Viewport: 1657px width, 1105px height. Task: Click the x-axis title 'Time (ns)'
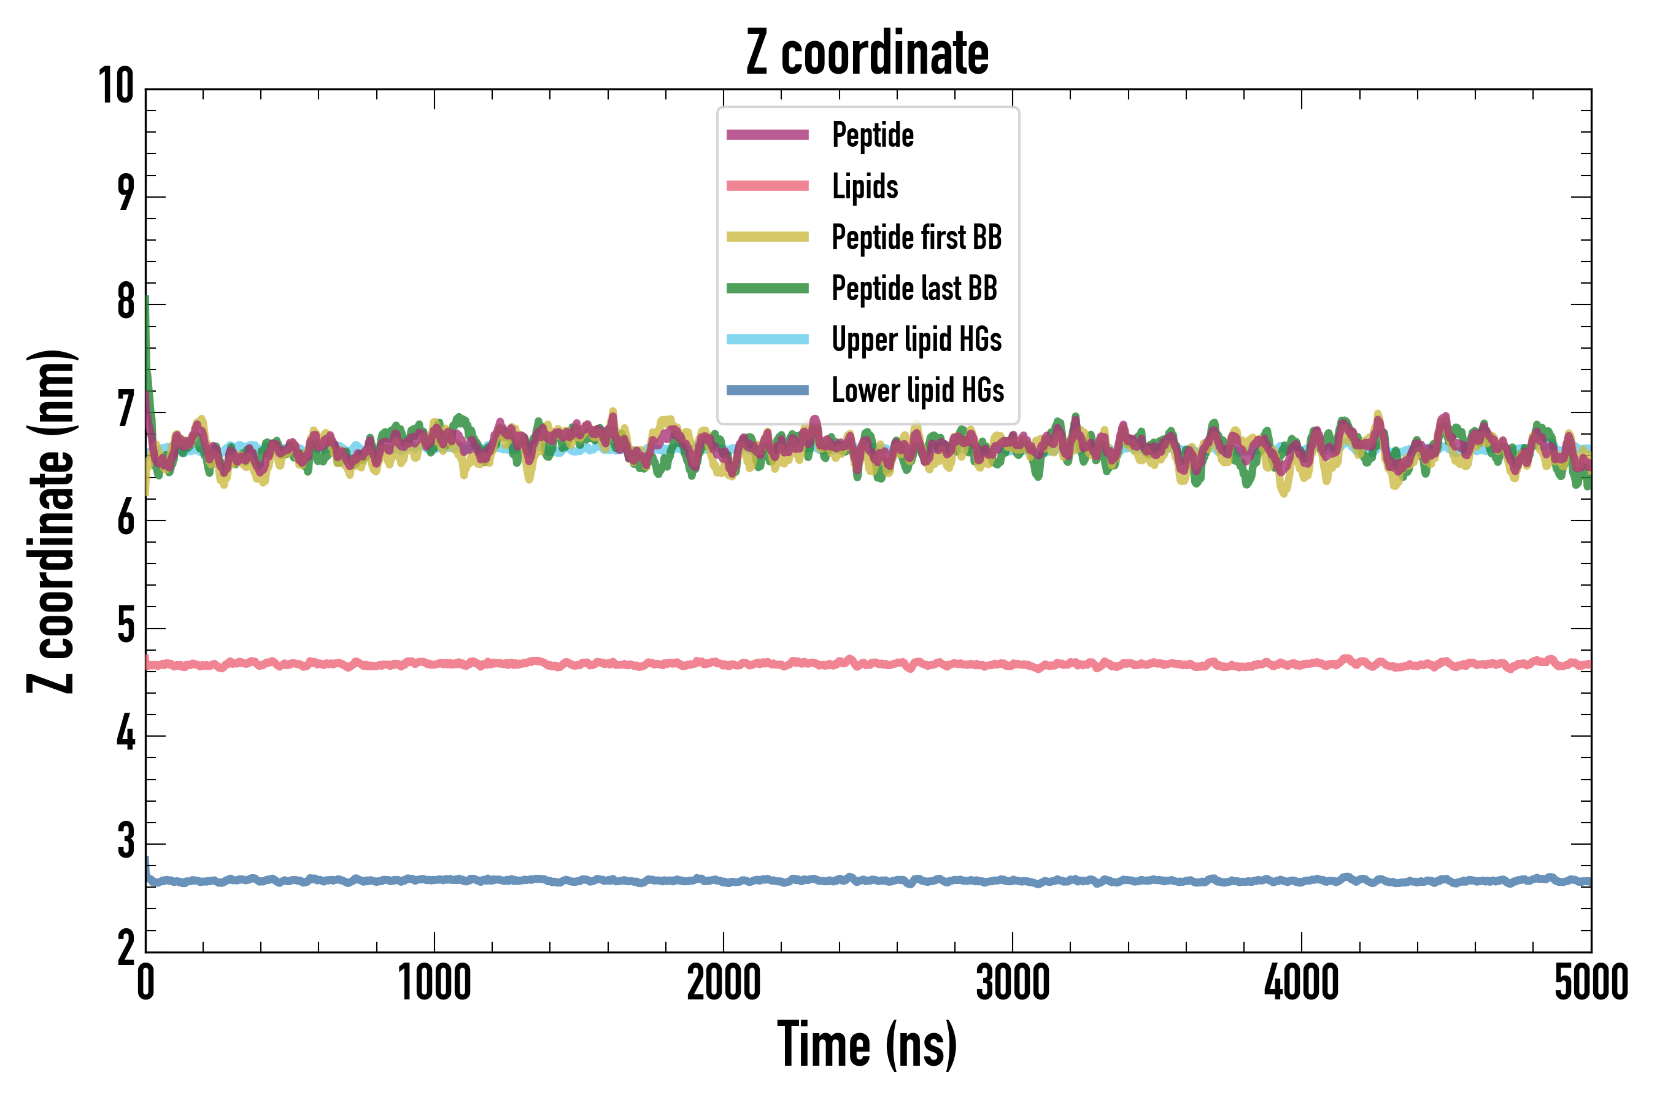867,1044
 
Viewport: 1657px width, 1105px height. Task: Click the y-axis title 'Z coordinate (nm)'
51,521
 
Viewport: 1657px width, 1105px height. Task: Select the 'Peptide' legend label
872,134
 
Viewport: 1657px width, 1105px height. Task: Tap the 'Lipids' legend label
865,186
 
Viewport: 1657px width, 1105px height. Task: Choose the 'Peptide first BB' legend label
916,237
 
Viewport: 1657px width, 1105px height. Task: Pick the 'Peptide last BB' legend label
914,289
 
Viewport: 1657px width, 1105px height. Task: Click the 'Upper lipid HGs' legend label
916,339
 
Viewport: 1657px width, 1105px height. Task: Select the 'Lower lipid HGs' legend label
917,390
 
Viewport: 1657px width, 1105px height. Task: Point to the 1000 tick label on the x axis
434,983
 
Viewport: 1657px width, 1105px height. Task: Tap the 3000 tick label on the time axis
1013,983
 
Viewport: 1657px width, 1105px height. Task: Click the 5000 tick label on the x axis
1591,983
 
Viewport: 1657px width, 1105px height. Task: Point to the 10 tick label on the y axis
115,87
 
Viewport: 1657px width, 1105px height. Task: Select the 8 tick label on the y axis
125,303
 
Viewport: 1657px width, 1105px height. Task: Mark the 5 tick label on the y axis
125,627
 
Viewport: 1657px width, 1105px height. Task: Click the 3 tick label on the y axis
125,842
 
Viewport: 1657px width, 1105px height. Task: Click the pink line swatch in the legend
767,186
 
